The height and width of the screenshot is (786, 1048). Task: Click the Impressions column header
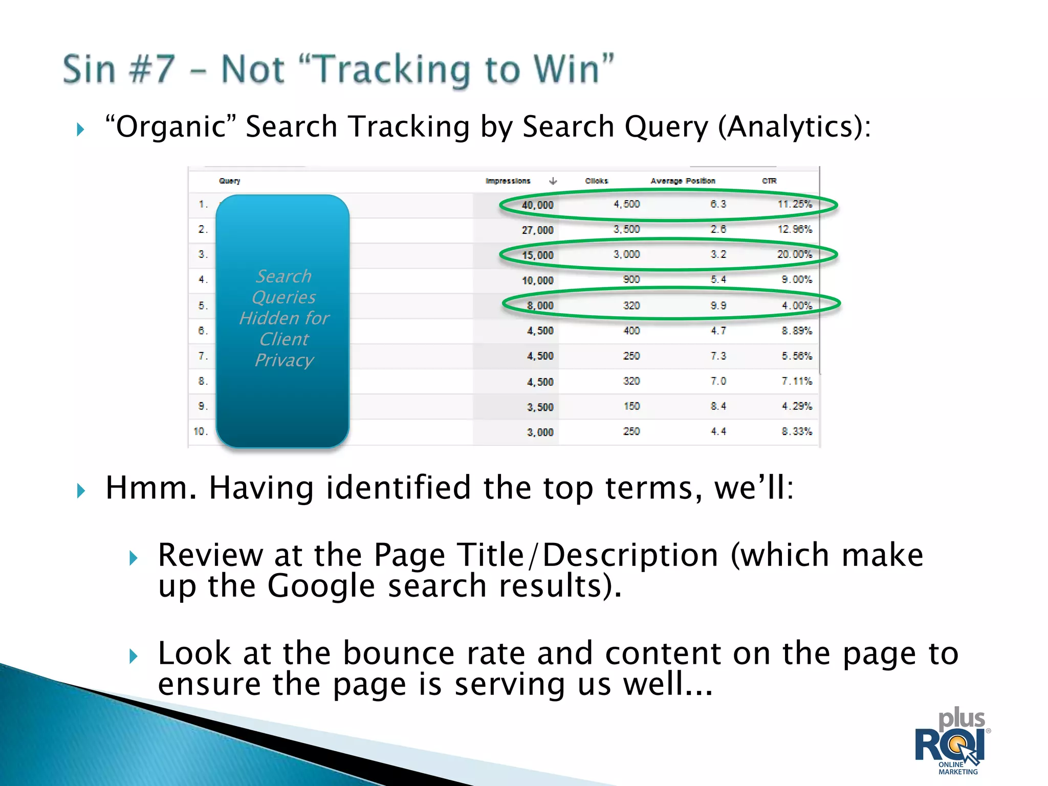pos(508,181)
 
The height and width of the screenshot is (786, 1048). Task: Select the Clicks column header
pos(597,181)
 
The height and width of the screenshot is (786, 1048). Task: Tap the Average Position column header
pos(683,181)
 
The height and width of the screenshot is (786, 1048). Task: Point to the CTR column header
pos(769,181)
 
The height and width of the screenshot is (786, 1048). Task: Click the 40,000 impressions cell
pos(537,205)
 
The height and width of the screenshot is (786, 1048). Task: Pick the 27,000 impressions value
pos(537,230)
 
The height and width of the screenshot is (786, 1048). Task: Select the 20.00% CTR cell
pos(795,254)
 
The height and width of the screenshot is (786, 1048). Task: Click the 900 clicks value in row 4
pos(631,279)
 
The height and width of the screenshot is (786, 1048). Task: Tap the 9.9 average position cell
pos(718,305)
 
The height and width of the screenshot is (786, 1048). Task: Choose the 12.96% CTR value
pos(795,229)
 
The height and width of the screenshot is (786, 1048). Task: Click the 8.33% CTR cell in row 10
pos(797,431)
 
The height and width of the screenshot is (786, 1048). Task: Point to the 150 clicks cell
pos(631,406)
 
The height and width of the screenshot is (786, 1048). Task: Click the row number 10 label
pos(200,431)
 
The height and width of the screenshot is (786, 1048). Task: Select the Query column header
pos(229,181)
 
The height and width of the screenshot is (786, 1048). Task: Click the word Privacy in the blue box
pos(284,360)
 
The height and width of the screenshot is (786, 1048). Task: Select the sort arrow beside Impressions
pos(553,181)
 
